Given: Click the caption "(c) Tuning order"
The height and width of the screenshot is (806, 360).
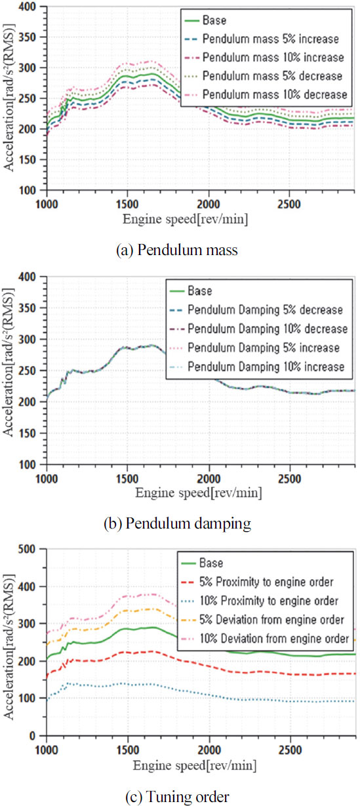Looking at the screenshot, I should pos(180,796).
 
